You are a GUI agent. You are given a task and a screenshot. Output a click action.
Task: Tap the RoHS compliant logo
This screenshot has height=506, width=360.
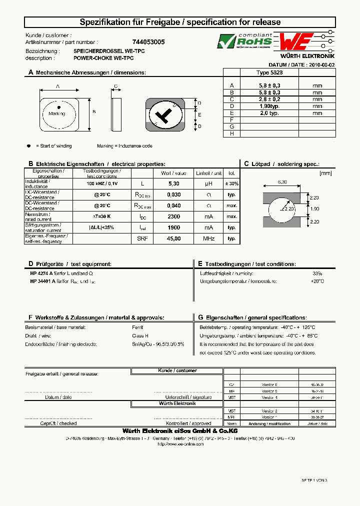pyautogui.click(x=244, y=41)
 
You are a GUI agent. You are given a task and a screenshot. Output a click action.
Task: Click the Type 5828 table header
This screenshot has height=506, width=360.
pyautogui.click(x=269, y=72)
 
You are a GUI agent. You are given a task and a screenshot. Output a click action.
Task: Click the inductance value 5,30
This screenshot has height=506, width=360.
pyautogui.click(x=173, y=184)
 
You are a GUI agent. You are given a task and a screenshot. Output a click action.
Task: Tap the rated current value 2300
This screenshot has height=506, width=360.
pyautogui.click(x=173, y=216)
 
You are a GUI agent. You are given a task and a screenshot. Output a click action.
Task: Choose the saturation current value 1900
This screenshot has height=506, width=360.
pyautogui.click(x=173, y=227)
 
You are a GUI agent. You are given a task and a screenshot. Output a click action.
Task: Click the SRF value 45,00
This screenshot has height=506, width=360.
pyautogui.click(x=173, y=238)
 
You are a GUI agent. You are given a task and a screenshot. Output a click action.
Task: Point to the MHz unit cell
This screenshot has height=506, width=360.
pyautogui.click(x=208, y=238)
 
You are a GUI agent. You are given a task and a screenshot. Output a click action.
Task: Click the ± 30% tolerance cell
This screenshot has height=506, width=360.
pyautogui.click(x=231, y=184)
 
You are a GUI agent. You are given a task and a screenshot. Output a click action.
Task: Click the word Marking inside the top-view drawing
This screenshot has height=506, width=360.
pyautogui.click(x=56, y=113)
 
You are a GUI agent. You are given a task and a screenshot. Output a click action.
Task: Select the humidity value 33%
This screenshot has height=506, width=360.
pyautogui.click(x=317, y=273)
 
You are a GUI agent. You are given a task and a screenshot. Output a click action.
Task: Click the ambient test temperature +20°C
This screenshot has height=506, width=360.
pyautogui.click(x=317, y=281)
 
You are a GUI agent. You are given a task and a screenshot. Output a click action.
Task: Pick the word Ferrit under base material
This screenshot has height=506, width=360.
pyautogui.click(x=138, y=327)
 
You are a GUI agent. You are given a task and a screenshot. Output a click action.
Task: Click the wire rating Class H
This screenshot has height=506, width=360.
pyautogui.click(x=139, y=336)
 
